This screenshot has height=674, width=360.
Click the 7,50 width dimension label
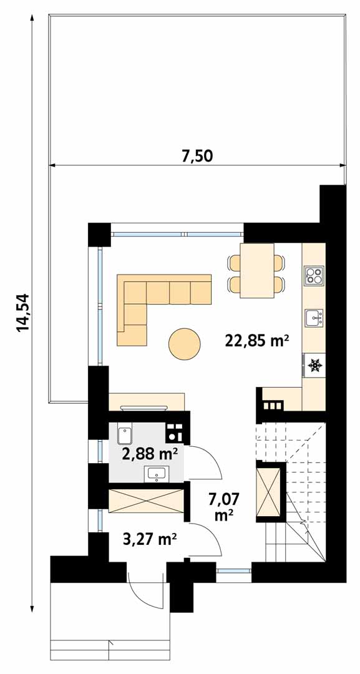pyautogui.click(x=197, y=155)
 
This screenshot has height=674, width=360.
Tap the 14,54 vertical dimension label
pyautogui.click(x=22, y=313)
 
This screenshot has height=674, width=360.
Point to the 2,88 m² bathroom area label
pyautogui.click(x=150, y=453)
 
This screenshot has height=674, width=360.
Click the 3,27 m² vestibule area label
pyautogui.click(x=150, y=539)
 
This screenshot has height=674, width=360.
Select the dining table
pyautogui.click(x=257, y=270)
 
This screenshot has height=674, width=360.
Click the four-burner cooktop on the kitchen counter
pyautogui.click(x=314, y=276)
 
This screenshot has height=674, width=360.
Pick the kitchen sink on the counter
pyautogui.click(x=314, y=318)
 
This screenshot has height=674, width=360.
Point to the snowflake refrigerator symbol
pyautogui.click(x=315, y=365)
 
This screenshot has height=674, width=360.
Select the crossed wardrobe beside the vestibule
pyautogui.click(x=145, y=501)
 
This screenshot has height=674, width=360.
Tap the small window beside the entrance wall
pyautogui.click(x=233, y=571)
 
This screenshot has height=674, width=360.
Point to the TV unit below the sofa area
pyautogui.click(x=147, y=402)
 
